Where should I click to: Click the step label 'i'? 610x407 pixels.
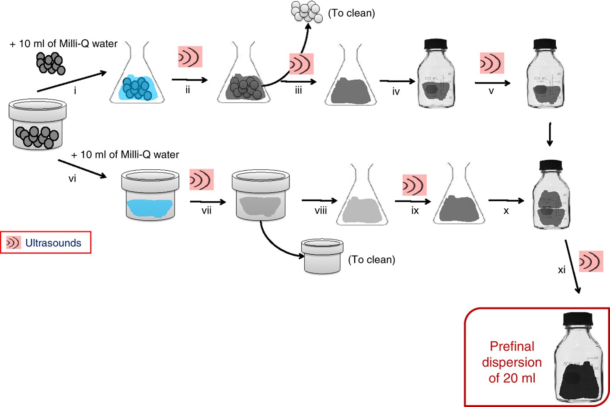tap(75, 91)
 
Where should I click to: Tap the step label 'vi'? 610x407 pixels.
tap(72, 179)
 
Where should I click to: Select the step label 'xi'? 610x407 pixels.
tap(561, 270)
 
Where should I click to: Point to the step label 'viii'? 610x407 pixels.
tap(321, 211)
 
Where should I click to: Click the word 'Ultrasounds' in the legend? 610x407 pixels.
tap(53, 243)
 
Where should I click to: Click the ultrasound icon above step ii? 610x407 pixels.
tap(190, 57)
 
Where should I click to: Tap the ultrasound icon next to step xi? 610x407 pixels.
tap(591, 261)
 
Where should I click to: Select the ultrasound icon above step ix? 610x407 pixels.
tap(414, 185)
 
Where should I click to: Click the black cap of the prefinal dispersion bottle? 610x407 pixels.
tap(578, 319)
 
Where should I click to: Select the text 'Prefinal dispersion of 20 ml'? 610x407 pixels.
tap(512, 362)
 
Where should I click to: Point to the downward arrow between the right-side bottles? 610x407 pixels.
tap(550, 134)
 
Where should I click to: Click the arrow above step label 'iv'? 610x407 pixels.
tap(397, 81)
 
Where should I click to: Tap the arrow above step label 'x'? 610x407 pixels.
tap(505, 201)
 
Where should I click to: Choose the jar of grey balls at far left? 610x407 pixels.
tap(37, 125)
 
